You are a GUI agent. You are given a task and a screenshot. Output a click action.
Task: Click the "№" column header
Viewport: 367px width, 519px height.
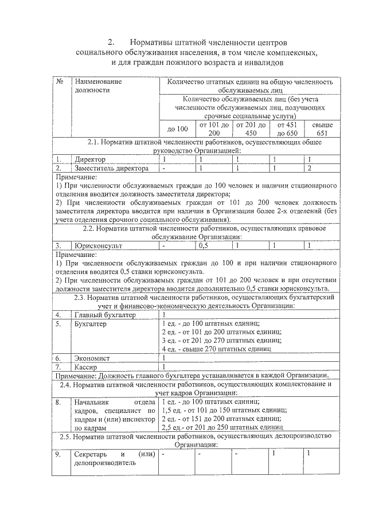tap(60, 81)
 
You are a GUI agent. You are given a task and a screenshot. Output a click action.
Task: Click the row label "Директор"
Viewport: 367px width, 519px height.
tap(90, 159)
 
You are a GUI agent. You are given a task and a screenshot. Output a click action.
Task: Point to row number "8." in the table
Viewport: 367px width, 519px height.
tap(58, 402)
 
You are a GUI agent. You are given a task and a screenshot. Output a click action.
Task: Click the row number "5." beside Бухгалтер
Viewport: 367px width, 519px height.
tap(58, 323)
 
